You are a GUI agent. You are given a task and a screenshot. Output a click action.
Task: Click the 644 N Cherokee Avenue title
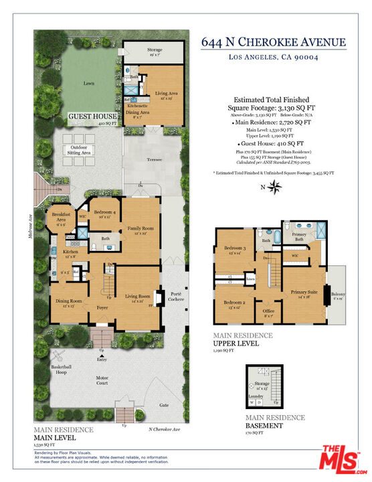273,43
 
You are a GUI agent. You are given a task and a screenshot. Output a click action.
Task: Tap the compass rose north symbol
274,187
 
